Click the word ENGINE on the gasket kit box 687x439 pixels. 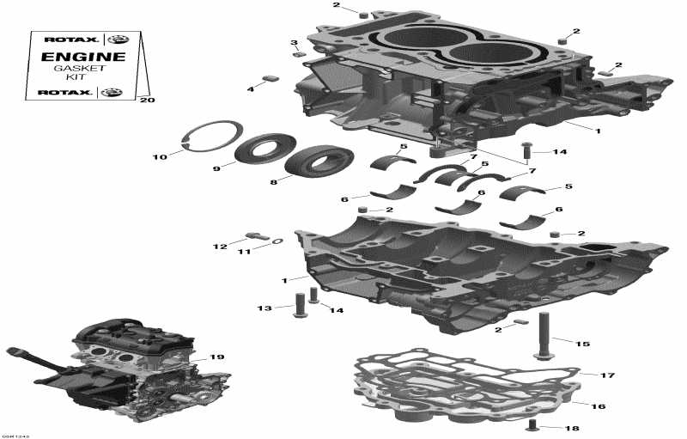[x=83, y=58]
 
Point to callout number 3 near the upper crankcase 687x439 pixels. [x=294, y=42]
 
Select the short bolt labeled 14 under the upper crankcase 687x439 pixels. [x=526, y=151]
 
